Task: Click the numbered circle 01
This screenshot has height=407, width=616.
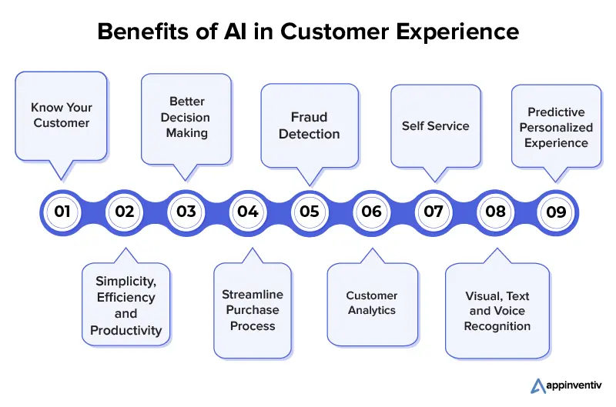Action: tap(62, 212)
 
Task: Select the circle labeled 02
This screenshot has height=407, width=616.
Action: tap(124, 212)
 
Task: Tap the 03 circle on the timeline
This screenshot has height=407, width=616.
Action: tap(186, 212)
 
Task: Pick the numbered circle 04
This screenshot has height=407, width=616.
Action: tap(248, 212)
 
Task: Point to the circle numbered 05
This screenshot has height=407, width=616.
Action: tap(310, 212)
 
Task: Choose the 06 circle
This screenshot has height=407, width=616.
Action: tap(371, 212)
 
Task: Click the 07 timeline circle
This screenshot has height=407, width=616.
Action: tap(434, 212)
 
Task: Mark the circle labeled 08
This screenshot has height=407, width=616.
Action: tap(495, 212)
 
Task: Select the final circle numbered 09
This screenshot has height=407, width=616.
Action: tap(556, 212)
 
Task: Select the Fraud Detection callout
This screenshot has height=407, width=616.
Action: tap(310, 125)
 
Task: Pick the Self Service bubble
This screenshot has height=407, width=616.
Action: tap(436, 126)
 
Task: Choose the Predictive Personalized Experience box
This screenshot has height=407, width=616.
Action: tap(556, 126)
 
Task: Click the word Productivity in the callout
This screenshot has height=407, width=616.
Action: tap(126, 331)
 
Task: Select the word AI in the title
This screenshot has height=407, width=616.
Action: tap(236, 32)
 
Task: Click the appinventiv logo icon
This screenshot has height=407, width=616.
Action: tap(537, 385)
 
